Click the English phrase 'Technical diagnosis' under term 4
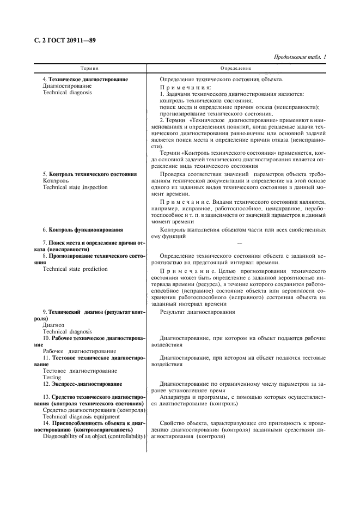tap(67, 93)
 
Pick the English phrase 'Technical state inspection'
tap(75, 187)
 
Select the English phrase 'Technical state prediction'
tap(75, 269)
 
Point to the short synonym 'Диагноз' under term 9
tap(53, 325)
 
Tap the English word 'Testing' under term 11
tap(52, 377)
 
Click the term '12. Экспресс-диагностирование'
tap(82, 384)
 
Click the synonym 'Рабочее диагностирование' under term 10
tap(79, 351)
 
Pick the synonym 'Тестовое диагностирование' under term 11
tap(80, 371)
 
